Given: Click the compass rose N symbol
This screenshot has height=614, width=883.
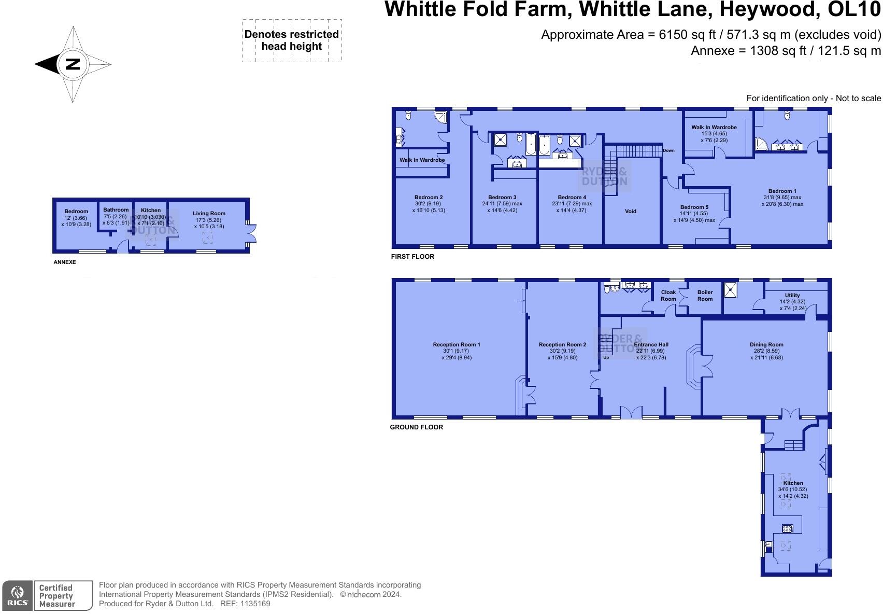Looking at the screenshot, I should click(x=73, y=64).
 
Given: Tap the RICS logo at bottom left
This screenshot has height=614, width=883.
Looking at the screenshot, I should click(x=18, y=596).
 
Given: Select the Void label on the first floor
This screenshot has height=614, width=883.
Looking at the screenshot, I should click(x=630, y=211).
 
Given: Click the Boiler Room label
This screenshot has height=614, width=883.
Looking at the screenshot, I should click(x=705, y=296).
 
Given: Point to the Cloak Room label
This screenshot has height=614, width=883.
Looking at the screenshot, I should click(x=668, y=296).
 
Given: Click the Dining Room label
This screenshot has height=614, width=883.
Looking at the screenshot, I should click(x=766, y=344).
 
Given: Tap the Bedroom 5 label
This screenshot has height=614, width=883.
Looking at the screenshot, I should click(x=694, y=207).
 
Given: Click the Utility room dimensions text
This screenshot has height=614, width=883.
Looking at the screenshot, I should click(x=792, y=305).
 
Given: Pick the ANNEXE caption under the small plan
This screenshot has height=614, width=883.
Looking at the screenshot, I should click(x=65, y=262).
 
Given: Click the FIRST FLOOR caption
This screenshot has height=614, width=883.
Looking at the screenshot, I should click(x=412, y=257).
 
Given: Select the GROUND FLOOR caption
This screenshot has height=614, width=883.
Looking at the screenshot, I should click(x=416, y=427).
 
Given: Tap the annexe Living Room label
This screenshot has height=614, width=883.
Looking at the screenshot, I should click(x=209, y=213).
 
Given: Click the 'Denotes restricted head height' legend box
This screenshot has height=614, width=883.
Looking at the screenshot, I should click(x=292, y=40).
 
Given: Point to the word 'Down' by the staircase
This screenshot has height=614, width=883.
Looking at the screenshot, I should click(x=668, y=150).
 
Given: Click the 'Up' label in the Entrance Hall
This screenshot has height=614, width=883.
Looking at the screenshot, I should click(x=606, y=357).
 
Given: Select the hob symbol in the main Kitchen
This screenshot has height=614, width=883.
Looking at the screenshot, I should click(x=787, y=529).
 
